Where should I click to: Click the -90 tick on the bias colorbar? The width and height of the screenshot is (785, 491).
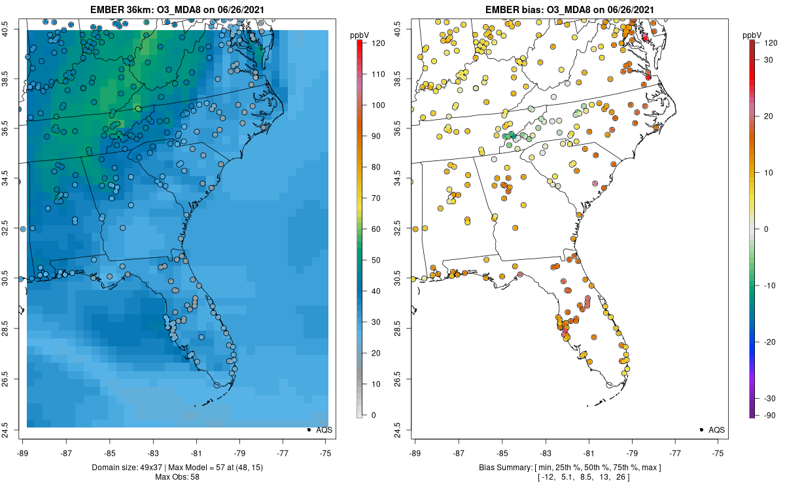(x=770, y=416)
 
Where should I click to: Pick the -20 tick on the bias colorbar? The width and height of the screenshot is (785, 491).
(x=770, y=342)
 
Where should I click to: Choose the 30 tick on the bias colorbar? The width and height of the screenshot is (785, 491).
(x=768, y=60)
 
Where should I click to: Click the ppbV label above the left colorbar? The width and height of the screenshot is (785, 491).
(x=360, y=35)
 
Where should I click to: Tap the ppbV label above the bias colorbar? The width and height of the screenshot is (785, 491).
(x=752, y=35)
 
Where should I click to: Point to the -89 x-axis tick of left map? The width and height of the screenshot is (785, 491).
(x=23, y=454)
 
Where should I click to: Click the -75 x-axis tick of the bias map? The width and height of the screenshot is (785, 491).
(x=718, y=454)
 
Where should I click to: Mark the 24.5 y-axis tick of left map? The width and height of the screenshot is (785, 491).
(x=5, y=430)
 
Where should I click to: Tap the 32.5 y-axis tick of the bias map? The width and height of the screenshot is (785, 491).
(x=398, y=228)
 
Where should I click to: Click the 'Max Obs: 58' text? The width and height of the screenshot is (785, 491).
(x=177, y=477)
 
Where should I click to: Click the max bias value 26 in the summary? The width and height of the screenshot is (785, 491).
(x=621, y=477)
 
